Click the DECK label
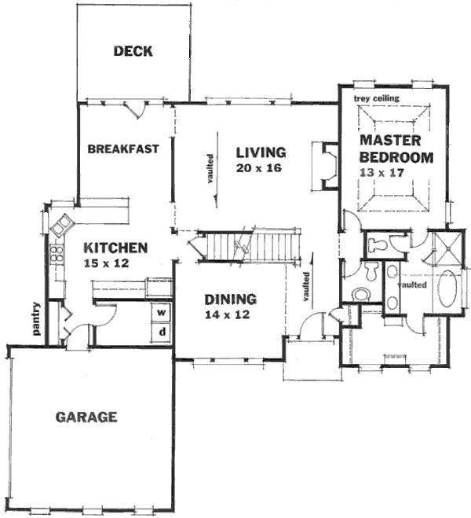click(133, 53)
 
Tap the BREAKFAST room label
click(123, 149)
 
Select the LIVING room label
click(261, 152)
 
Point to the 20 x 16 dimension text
click(258, 168)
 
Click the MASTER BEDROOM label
click(396, 149)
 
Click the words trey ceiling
click(377, 98)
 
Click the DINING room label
click(231, 299)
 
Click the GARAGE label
click(86, 417)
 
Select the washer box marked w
click(162, 311)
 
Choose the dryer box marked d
click(162, 332)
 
